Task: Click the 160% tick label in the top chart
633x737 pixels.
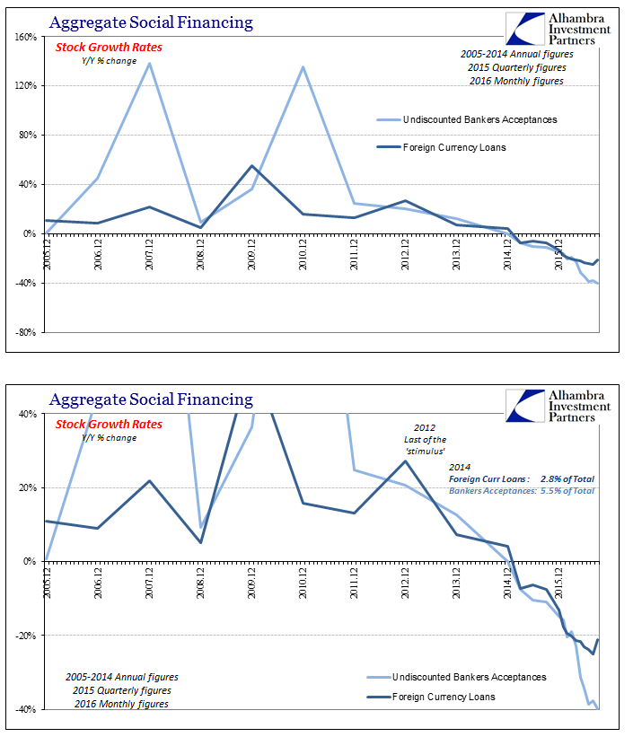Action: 26,37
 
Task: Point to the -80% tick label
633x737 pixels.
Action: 26,332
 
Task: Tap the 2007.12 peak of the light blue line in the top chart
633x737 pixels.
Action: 150,64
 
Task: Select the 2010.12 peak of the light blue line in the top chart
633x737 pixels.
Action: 303,66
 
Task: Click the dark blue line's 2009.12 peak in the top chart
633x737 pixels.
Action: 252,165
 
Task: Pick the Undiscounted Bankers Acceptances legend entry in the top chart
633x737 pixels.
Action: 467,120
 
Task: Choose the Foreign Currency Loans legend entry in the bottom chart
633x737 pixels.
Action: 431,697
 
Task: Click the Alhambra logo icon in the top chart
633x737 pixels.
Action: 526,29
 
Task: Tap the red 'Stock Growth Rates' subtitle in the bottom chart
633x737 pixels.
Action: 109,424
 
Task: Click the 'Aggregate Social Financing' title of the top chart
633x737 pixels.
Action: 151,22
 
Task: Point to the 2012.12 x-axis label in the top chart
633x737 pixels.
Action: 405,254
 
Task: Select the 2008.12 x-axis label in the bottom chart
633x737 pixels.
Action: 200,583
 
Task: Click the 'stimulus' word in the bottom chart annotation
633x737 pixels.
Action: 425,452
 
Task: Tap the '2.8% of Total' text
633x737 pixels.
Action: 567,479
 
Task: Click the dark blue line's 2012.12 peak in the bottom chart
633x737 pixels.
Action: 405,461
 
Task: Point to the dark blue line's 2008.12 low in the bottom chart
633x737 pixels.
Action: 201,542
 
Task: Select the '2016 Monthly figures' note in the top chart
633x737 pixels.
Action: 516,81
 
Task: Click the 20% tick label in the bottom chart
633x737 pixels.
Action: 28,487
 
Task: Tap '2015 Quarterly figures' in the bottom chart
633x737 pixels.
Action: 122,690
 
